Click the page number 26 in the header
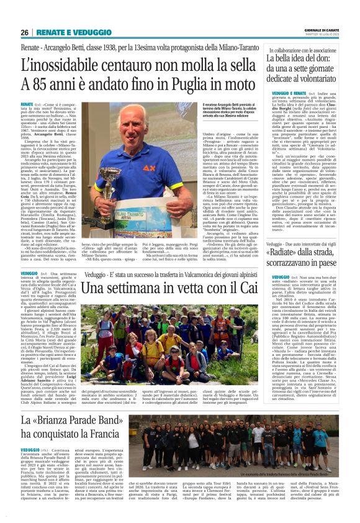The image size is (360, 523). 26,32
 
